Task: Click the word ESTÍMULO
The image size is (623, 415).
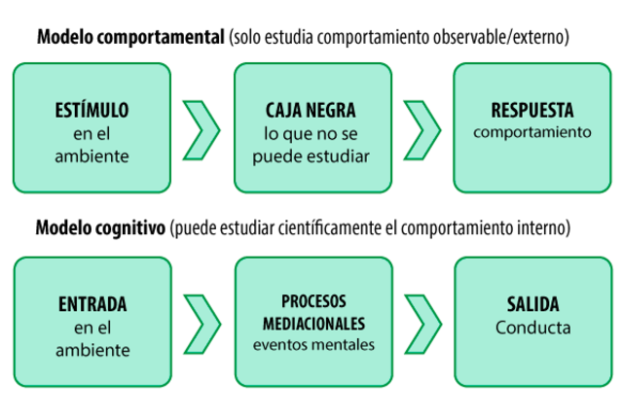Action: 92,110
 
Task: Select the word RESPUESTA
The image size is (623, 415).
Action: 532,110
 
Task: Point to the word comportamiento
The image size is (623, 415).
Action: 532,132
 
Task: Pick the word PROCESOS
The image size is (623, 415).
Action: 313,300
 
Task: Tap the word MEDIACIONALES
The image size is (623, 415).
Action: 313,322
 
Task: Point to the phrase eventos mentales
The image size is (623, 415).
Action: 313,344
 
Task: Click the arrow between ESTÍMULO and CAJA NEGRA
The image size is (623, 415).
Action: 201,128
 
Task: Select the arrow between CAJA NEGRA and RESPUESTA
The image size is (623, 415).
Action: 421,128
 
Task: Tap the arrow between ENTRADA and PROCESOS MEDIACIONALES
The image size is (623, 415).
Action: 201,323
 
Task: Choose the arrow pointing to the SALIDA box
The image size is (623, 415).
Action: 421,323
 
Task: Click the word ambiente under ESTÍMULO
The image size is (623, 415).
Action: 92,156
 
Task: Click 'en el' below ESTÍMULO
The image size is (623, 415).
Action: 92,133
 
